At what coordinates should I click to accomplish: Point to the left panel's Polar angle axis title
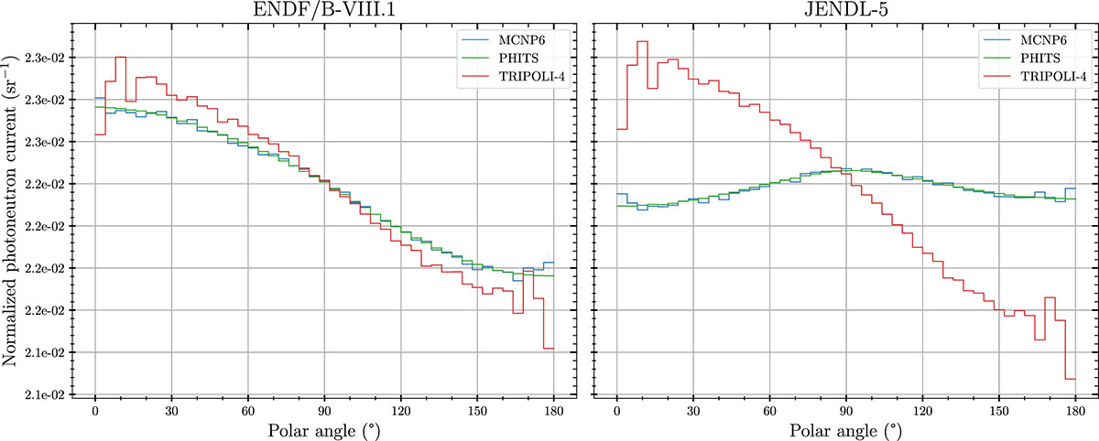tap(322, 430)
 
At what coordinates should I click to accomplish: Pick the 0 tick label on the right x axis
tap(617, 410)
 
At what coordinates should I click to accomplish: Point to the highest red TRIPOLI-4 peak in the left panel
tap(120, 57)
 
